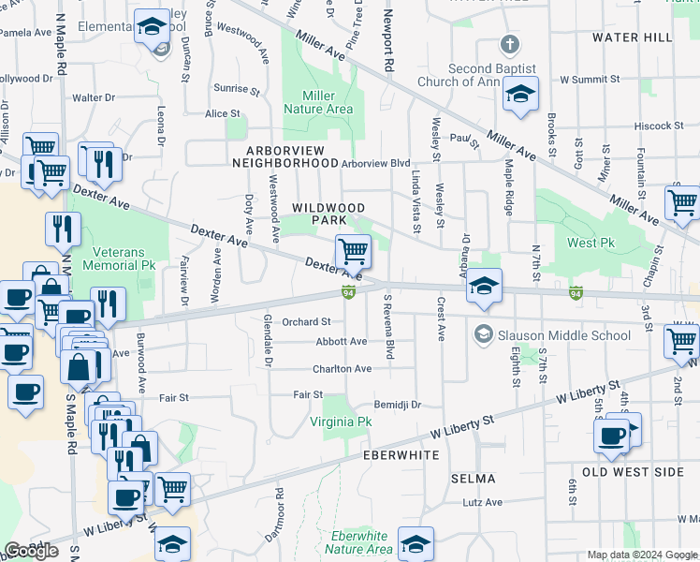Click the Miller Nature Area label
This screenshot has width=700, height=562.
(x=328, y=102)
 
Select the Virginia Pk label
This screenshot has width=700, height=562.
(x=342, y=422)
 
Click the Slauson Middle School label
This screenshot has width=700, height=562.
(x=552, y=335)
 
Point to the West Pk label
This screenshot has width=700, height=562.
(x=589, y=244)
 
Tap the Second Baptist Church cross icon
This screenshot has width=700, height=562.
(x=509, y=44)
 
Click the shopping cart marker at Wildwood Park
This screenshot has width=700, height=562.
(x=353, y=251)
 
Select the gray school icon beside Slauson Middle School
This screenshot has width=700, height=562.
(x=483, y=334)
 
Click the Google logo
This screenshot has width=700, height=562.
(x=32, y=551)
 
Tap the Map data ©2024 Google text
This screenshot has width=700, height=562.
(x=642, y=555)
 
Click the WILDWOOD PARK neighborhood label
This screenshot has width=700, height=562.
(x=328, y=214)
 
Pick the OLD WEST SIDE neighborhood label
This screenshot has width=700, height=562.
(x=634, y=472)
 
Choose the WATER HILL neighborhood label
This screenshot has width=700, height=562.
(x=632, y=37)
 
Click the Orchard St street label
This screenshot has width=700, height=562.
(x=307, y=322)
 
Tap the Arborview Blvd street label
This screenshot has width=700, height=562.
(x=376, y=163)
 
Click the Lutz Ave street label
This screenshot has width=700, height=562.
(x=483, y=503)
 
